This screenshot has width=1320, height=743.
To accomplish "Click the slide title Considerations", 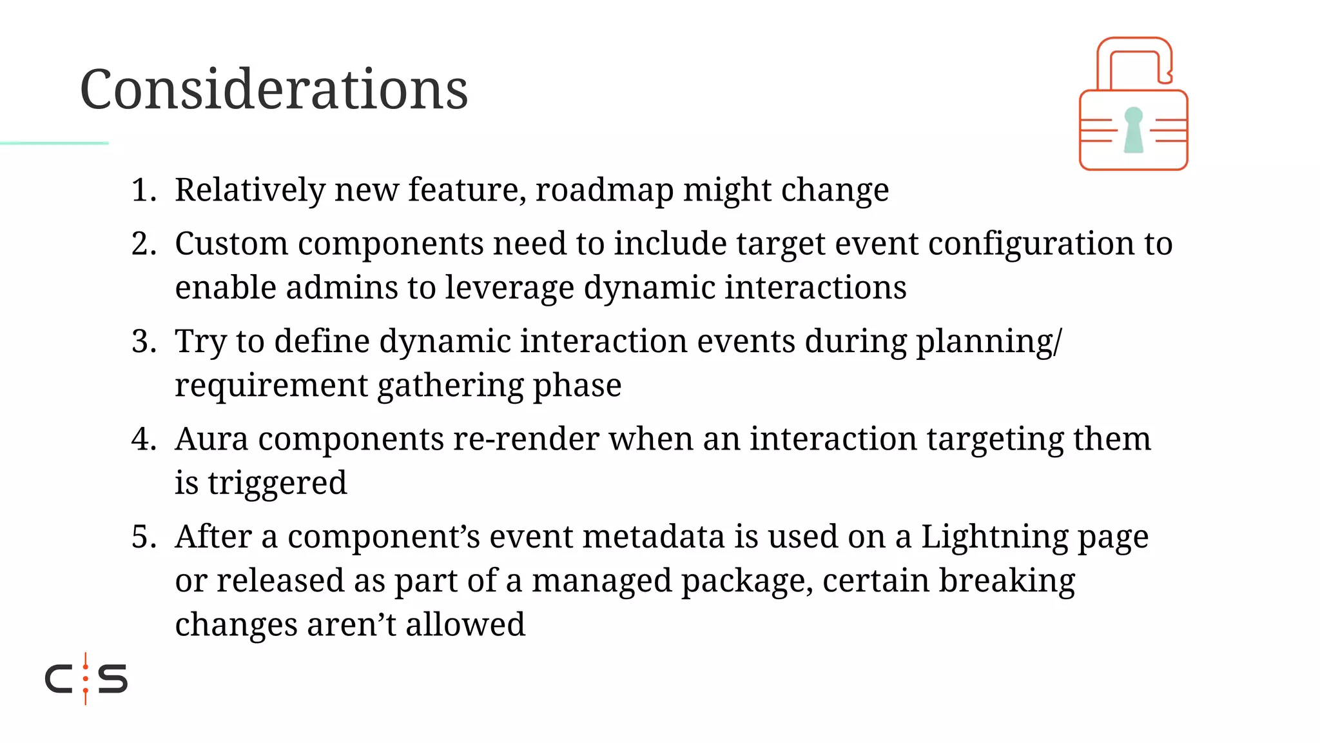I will click(x=274, y=89).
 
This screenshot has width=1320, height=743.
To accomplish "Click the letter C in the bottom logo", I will click(x=59, y=679).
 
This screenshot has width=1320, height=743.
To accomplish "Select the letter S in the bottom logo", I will click(x=113, y=679).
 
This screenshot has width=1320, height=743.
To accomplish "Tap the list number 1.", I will click(x=144, y=190).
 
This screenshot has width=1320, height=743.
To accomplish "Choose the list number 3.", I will click(x=144, y=341).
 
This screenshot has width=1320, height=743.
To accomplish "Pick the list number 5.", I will click(x=144, y=537).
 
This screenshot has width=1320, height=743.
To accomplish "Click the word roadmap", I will click(x=604, y=190).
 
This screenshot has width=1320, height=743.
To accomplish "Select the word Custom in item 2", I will click(x=231, y=244).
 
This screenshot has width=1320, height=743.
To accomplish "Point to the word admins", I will click(x=342, y=288).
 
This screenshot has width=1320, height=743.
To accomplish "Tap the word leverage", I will click(x=509, y=288).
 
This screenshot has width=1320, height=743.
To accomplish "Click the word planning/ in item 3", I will click(x=989, y=341).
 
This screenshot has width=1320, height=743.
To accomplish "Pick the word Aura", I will click(x=211, y=439).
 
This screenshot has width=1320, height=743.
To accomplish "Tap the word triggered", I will click(x=277, y=483).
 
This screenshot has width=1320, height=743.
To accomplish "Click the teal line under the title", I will click(x=54, y=143).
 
